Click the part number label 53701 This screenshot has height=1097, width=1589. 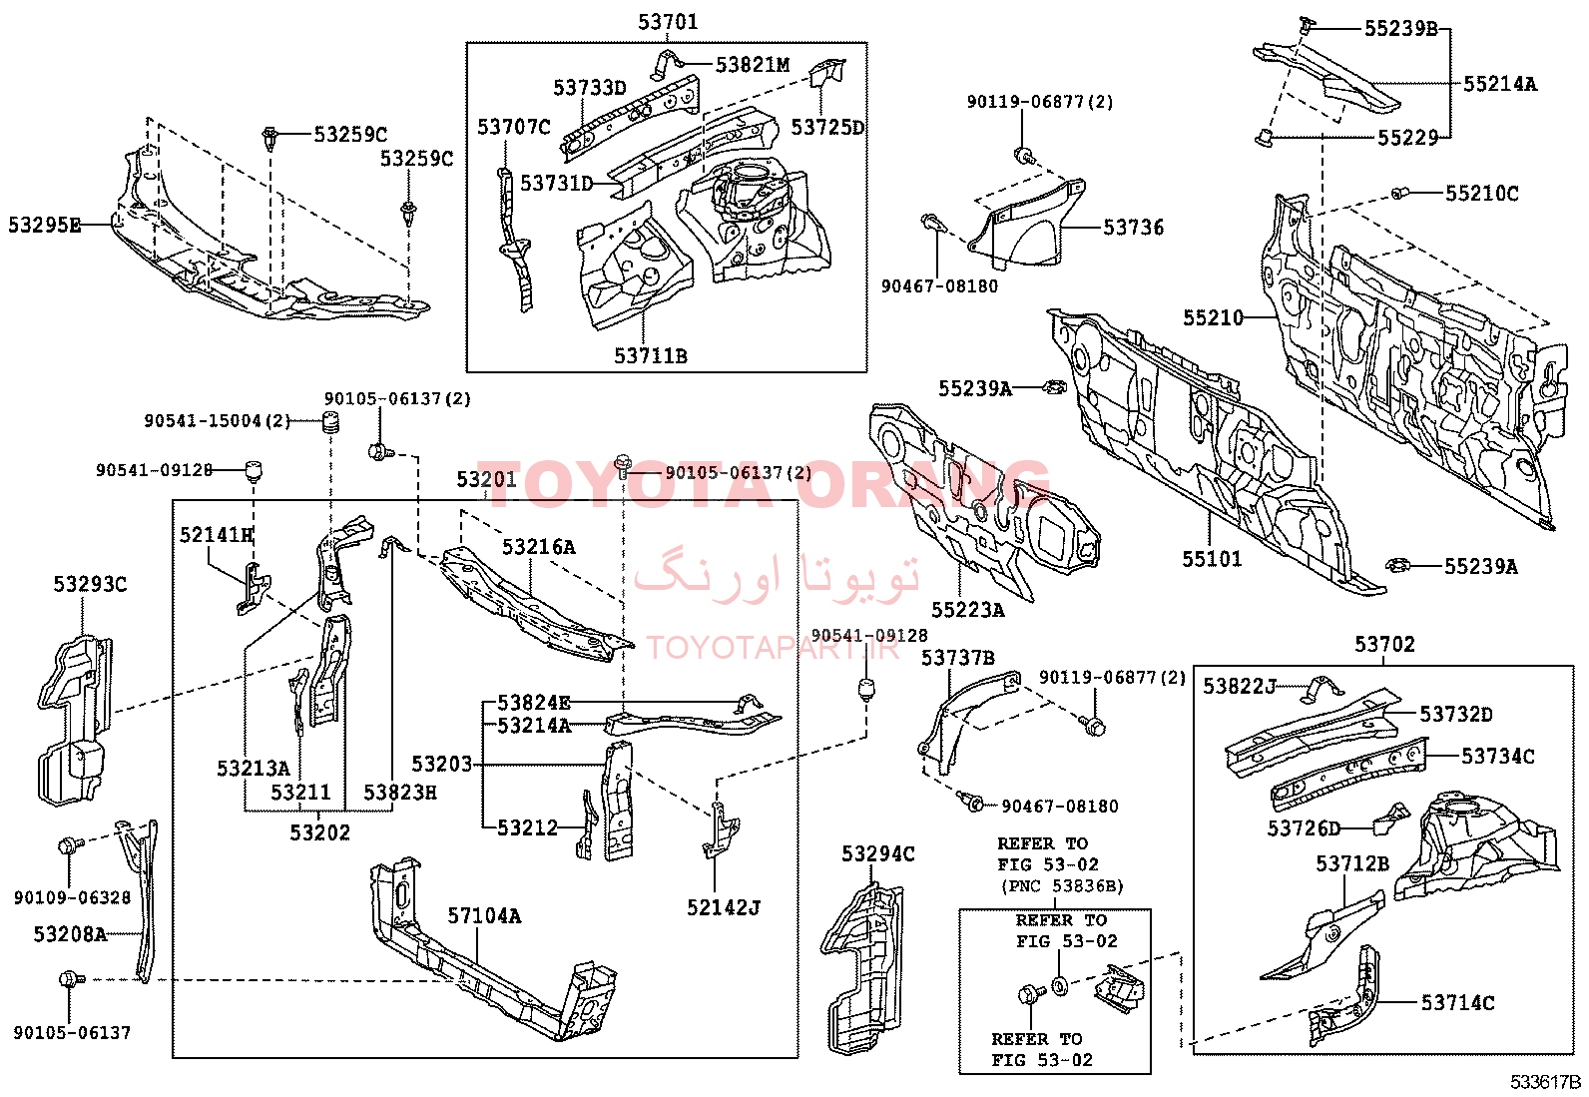coord(668,22)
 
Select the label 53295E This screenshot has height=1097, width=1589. coord(45,226)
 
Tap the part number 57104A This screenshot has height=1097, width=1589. coord(484,915)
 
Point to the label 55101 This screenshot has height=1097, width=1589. coord(1212,559)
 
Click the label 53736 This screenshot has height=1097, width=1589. coord(1133,228)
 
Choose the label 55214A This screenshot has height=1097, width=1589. coord(1499,84)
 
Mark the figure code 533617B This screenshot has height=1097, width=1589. coord(1544,1082)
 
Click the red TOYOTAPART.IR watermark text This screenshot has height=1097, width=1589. coord(773,648)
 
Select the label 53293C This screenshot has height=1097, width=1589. coord(90,584)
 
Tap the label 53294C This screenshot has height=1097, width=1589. coord(877,853)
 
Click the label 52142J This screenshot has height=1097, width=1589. coord(724,907)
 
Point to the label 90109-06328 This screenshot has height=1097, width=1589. coord(72,897)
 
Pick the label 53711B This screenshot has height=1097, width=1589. coord(650,355)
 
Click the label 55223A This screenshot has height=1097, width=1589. coord(967,609)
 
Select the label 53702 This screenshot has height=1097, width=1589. coord(1384,644)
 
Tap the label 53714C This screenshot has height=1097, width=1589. coord(1457,1002)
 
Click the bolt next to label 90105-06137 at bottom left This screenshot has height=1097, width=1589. coord(69,980)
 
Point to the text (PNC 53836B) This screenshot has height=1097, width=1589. coord(1062,885)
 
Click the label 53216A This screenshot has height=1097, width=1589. coord(538,546)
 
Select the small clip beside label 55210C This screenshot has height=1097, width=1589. coord(1400,193)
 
